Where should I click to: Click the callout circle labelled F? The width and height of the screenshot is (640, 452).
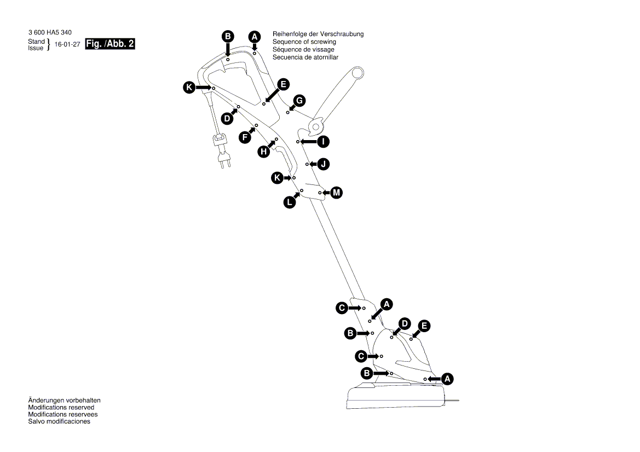click(x=245, y=138)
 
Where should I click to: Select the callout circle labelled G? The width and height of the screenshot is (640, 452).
click(x=299, y=101)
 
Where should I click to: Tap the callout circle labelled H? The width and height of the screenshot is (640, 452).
click(x=264, y=152)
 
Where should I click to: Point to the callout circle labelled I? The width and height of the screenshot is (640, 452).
click(x=324, y=142)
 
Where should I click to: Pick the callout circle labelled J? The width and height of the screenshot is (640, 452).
click(x=324, y=164)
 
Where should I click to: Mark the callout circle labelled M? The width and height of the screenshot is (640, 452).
click(x=337, y=193)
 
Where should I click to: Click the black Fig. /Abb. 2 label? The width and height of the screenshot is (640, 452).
click(x=110, y=44)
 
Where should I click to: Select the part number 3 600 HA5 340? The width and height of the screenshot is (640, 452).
click(x=50, y=33)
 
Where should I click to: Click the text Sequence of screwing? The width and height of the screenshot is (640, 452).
click(x=304, y=42)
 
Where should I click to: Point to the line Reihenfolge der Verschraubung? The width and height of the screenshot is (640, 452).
click(x=318, y=34)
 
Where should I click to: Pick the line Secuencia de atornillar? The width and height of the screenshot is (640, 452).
click(x=305, y=57)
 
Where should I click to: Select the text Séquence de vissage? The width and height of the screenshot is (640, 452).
click(x=303, y=49)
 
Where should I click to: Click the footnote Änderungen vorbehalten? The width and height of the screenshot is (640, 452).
click(x=64, y=401)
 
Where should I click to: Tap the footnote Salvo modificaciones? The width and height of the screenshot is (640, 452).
click(x=59, y=421)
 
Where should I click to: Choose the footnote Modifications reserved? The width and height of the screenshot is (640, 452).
click(x=61, y=408)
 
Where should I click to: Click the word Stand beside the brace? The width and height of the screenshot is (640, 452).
click(x=36, y=42)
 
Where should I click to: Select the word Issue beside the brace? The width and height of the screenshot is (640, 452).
click(x=36, y=48)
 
